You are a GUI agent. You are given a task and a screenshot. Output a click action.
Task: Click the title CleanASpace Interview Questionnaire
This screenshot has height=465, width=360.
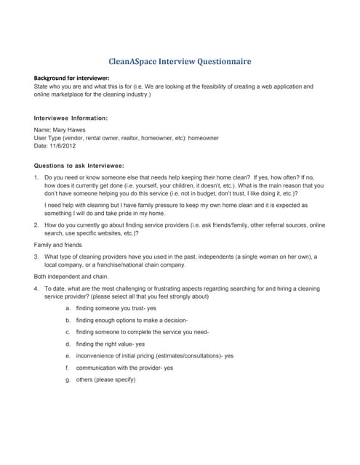(x=180, y=62)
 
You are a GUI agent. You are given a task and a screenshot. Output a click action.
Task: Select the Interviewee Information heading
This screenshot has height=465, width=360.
(x=71, y=117)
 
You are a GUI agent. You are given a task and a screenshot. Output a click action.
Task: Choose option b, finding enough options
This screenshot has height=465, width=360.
(x=132, y=320)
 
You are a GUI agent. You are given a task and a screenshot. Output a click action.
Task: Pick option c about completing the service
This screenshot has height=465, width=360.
(x=142, y=332)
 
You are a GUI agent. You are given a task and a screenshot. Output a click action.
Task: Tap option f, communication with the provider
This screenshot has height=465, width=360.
(x=124, y=368)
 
